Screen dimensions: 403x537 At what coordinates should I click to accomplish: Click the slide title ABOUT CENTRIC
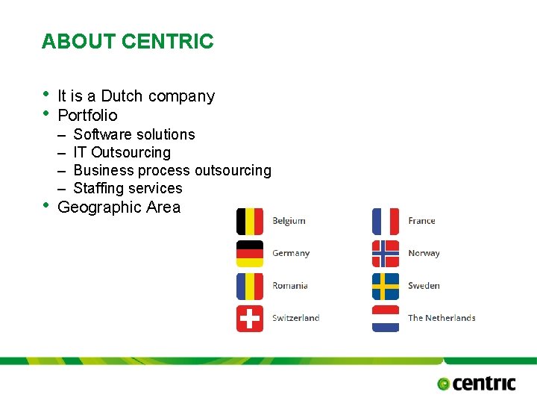click(x=128, y=42)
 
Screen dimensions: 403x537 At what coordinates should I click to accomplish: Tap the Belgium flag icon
click(x=249, y=221)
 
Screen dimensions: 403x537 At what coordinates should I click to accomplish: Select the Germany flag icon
click(x=249, y=253)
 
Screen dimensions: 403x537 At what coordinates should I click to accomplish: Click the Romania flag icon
click(x=249, y=286)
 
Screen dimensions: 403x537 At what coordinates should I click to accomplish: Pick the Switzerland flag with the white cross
click(x=249, y=318)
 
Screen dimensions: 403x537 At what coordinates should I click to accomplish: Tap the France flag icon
click(x=386, y=221)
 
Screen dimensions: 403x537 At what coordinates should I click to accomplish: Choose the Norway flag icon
click(x=386, y=253)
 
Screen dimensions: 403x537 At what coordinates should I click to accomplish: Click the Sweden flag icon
click(x=386, y=286)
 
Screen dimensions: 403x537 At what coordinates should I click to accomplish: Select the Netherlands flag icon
click(x=386, y=318)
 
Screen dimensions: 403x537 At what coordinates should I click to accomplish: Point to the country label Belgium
click(x=289, y=221)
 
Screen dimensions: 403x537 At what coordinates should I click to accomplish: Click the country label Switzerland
click(x=295, y=318)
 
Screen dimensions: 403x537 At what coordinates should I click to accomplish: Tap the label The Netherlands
click(x=442, y=318)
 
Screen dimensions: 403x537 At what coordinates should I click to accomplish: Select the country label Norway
click(x=424, y=254)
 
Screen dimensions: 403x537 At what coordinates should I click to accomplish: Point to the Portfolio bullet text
click(x=87, y=115)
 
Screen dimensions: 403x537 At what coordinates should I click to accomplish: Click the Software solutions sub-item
click(x=134, y=134)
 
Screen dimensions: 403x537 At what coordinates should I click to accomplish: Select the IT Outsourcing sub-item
click(x=122, y=152)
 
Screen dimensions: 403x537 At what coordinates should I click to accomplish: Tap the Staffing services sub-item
click(x=128, y=188)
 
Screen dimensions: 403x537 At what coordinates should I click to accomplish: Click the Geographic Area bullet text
click(x=119, y=207)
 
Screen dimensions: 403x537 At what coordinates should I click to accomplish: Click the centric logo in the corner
click(x=477, y=384)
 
